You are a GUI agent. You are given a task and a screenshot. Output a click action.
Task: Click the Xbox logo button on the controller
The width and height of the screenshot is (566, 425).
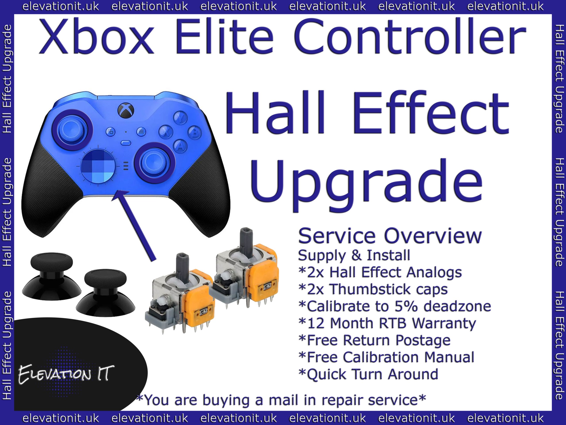(x=126, y=111)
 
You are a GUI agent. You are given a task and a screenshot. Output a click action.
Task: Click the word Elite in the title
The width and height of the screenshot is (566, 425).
(x=224, y=37)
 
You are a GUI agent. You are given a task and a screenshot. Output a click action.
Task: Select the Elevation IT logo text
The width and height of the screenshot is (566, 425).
(x=66, y=374)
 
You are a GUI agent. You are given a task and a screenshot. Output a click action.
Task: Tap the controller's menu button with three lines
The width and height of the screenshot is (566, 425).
(x=141, y=132)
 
